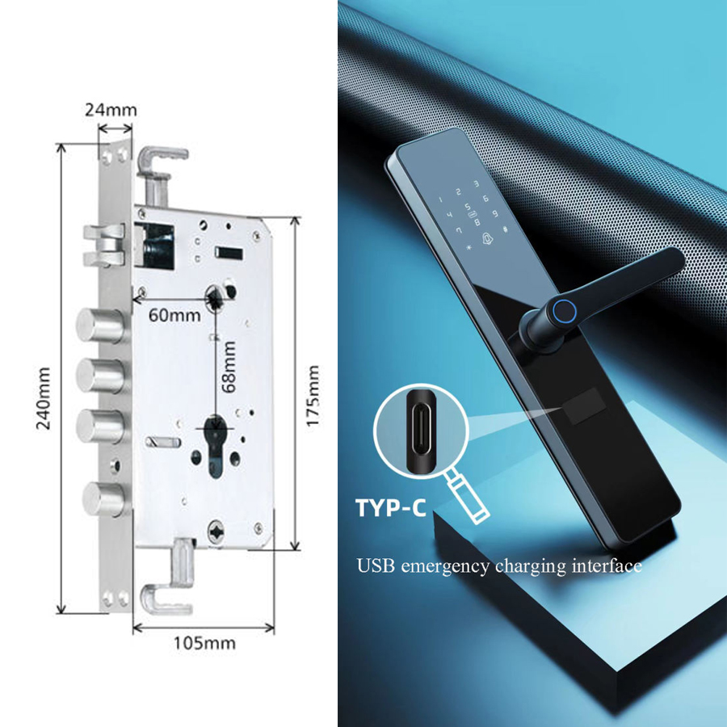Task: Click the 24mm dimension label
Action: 111,111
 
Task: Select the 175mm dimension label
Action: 313,396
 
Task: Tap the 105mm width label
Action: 204,643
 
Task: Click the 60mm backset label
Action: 174,315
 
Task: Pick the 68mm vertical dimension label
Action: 229,367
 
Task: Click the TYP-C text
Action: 391,508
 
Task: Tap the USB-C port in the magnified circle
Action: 421,431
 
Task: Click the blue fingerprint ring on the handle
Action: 564,309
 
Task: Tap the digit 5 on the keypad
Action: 468,207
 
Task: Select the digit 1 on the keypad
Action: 440,200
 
